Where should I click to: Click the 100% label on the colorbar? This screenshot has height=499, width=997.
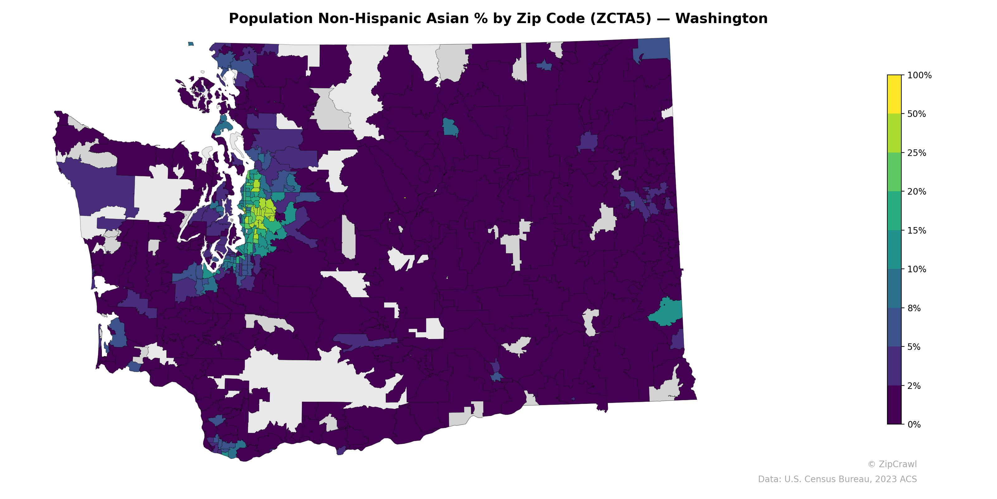pyautogui.click(x=919, y=75)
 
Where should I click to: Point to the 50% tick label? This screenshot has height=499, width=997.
pyautogui.click(x=917, y=114)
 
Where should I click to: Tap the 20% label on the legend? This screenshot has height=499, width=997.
pyautogui.click(x=917, y=192)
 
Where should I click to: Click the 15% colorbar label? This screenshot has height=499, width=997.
pyautogui.click(x=917, y=230)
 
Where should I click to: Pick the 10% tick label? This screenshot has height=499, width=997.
pyautogui.click(x=917, y=269)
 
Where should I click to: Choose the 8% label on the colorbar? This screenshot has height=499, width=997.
pyautogui.click(x=914, y=308)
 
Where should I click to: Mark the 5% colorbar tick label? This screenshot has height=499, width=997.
pyautogui.click(x=914, y=347)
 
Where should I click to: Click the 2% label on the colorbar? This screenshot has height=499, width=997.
pyautogui.click(x=914, y=386)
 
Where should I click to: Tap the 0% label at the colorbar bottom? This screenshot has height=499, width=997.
pyautogui.click(x=914, y=424)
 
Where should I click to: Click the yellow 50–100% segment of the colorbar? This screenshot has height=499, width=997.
pyautogui.click(x=894, y=94)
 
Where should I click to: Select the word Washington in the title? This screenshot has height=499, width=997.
pyautogui.click(x=722, y=19)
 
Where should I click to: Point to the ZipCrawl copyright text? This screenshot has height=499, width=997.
pyautogui.click(x=892, y=464)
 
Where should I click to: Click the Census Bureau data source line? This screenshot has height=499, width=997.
pyautogui.click(x=837, y=479)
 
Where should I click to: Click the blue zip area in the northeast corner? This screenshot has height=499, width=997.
pyautogui.click(x=654, y=48)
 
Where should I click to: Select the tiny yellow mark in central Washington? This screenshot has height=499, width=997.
pyautogui.click(x=404, y=198)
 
